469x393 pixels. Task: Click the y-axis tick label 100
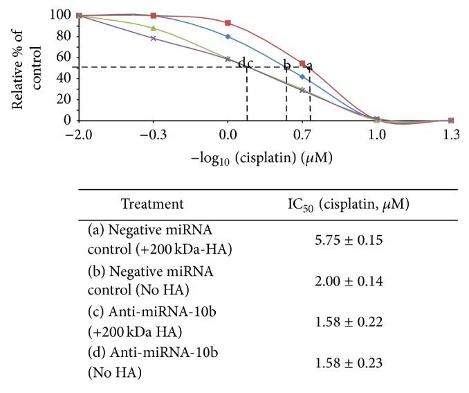pos(60,15)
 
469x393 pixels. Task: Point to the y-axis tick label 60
pos(63,57)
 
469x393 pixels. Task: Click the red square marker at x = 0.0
pos(228,23)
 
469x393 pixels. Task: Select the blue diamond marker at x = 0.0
pos(228,36)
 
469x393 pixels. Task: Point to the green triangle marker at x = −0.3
pos(154,28)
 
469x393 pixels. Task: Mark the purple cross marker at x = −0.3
pos(154,38)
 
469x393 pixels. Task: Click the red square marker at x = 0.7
pos(302,63)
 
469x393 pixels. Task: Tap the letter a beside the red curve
pos(309,66)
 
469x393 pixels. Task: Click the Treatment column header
pos(152,204)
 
